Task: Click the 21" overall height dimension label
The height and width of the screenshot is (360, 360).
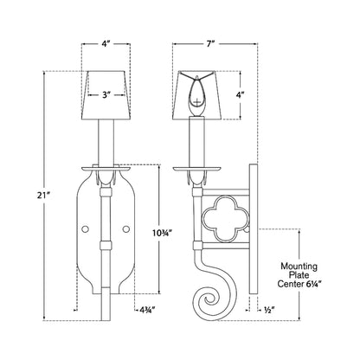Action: (44, 196)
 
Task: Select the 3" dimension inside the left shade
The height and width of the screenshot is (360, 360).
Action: (106, 94)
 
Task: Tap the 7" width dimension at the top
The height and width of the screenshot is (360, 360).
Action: (211, 44)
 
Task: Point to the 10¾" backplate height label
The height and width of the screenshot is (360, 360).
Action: (163, 232)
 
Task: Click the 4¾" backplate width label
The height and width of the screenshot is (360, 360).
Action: (147, 310)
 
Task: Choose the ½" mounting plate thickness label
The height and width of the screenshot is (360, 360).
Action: (269, 310)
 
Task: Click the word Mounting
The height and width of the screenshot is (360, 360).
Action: (299, 266)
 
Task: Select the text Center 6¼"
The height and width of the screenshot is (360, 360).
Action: (299, 284)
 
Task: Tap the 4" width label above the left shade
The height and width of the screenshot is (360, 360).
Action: (106, 44)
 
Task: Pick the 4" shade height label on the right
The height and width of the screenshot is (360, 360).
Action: (241, 94)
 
